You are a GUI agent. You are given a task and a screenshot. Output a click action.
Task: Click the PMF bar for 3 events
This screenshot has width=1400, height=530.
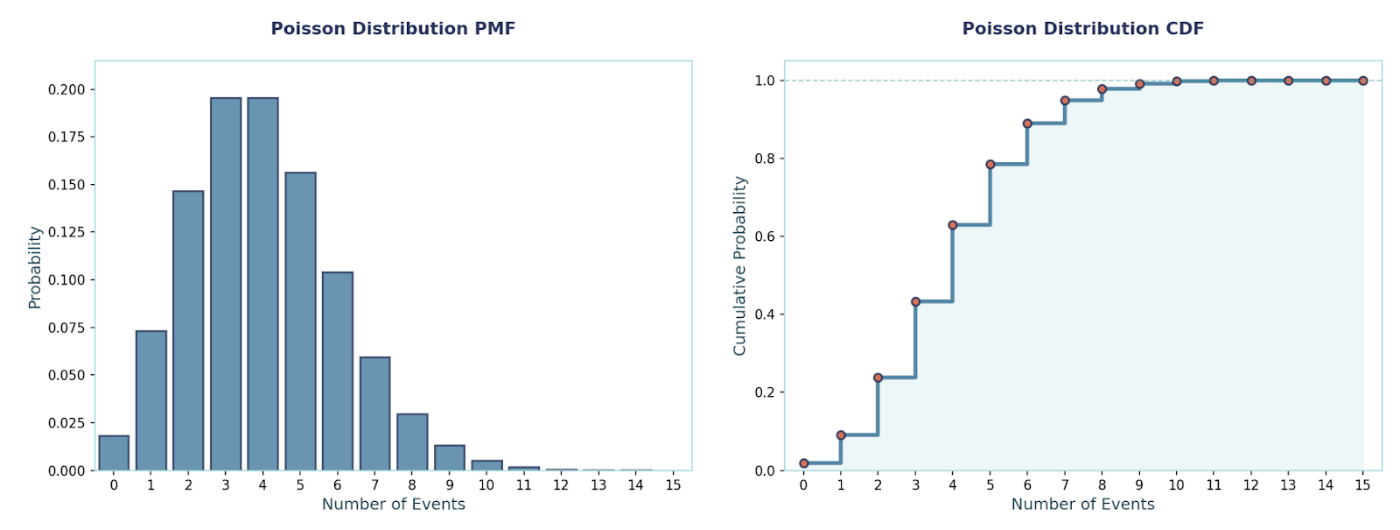[226, 285]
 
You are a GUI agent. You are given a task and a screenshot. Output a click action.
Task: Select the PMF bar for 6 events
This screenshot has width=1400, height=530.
[338, 371]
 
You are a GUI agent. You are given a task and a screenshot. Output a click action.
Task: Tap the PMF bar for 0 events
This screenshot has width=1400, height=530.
[114, 454]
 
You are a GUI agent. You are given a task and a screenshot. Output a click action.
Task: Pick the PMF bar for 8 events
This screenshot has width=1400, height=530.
[412, 442]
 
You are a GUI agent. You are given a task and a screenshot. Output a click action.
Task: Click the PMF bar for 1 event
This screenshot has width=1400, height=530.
[151, 400]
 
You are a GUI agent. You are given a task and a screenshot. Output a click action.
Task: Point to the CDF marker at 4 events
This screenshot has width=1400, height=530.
[953, 225]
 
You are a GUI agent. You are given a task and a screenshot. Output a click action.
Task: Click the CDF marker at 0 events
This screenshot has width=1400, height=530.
[804, 463]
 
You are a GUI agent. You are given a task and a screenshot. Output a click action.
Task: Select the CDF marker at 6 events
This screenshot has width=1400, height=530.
[1027, 124]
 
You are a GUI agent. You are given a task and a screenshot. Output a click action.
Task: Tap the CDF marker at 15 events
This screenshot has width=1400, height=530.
[1363, 81]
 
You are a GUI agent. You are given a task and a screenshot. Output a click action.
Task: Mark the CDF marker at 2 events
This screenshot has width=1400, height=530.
[878, 378]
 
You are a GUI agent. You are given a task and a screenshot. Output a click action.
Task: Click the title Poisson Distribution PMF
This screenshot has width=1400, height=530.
[393, 29]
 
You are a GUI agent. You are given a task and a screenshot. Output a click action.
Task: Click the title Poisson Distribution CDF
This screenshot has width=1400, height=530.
[1082, 29]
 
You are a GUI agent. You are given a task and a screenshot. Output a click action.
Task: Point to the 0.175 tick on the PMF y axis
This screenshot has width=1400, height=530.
[66, 137]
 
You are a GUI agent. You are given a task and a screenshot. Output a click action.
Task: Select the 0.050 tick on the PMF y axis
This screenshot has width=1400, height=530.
[66, 375]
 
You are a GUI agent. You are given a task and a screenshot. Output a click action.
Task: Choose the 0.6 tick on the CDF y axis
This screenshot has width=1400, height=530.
[765, 237]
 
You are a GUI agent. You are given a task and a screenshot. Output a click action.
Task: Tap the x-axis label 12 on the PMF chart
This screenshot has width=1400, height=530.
[561, 485]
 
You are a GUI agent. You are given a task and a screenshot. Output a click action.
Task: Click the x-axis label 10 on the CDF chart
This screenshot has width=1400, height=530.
[1176, 485]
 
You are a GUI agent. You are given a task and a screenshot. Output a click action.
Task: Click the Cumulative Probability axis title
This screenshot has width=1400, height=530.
[740, 265]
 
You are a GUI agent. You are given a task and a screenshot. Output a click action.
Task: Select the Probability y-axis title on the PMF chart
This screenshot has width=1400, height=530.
[35, 267]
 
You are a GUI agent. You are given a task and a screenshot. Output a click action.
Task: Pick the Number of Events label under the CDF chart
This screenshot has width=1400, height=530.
[1082, 505]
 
